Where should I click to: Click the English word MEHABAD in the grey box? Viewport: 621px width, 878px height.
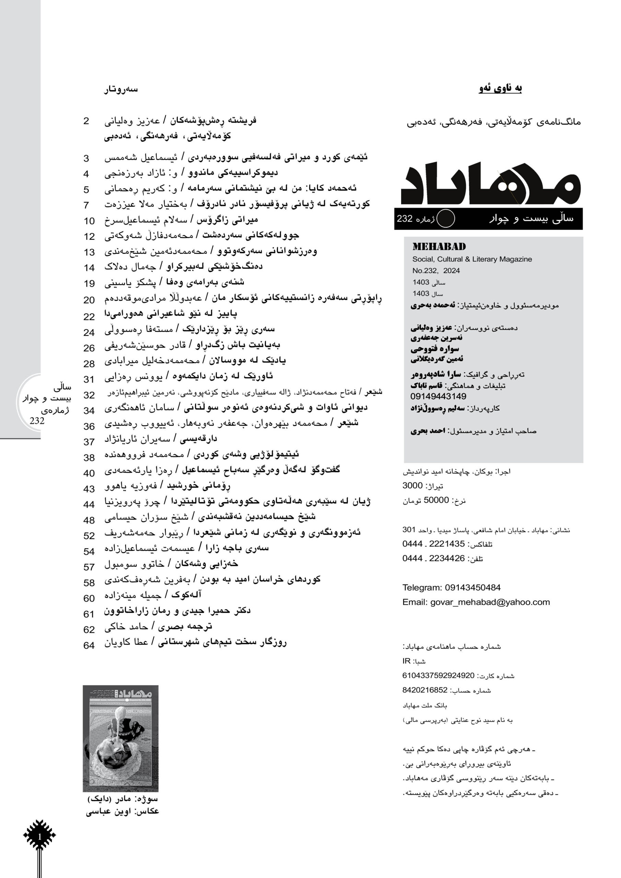439,247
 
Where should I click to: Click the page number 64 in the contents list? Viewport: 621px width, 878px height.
89,645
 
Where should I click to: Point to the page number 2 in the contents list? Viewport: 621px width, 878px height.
86,121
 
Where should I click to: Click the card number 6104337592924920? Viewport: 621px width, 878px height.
438,676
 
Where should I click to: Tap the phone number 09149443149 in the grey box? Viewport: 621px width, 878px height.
438,396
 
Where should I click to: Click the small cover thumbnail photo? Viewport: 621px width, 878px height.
120,738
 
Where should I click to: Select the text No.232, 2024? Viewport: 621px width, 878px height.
436,271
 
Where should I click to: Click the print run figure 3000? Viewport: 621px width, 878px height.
412,486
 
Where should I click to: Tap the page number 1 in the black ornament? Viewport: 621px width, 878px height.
39,837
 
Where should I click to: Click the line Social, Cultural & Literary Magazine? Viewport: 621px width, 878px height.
472,259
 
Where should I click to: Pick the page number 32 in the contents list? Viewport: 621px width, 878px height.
89,395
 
